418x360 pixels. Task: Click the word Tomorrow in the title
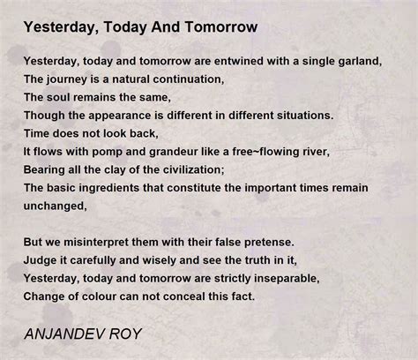tap(221, 26)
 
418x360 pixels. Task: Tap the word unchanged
tap(55, 206)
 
